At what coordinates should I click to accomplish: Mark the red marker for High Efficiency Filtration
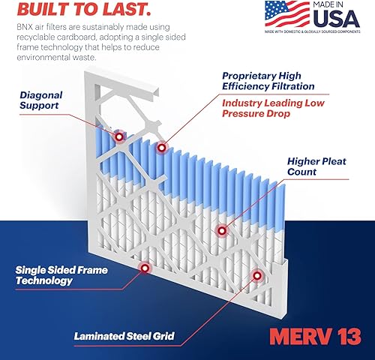coord(160,148)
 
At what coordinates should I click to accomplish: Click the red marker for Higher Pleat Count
coord(220,230)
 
